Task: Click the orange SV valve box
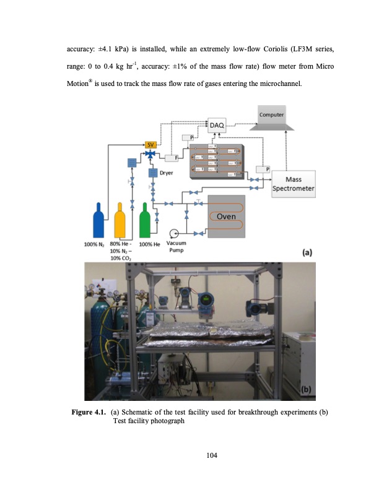pyautogui.click(x=150, y=144)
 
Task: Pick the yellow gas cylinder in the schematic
pyautogui.click(x=121, y=221)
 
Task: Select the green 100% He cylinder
pyautogui.click(x=146, y=223)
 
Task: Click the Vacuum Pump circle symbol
pyautogui.click(x=174, y=233)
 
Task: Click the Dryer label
pyautogui.click(x=166, y=173)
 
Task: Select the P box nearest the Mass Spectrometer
pyautogui.click(x=267, y=168)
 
